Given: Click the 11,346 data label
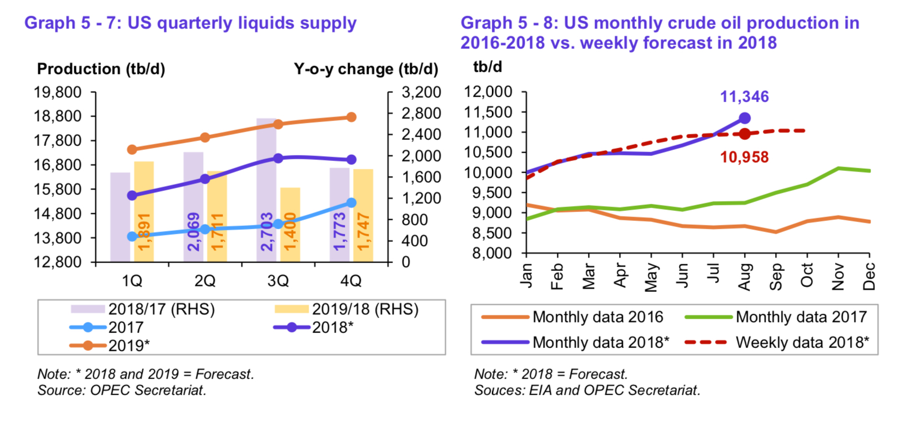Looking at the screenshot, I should pyautogui.click(x=744, y=97).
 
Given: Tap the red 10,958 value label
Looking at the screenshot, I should pyautogui.click(x=744, y=158).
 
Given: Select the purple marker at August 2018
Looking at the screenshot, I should pyautogui.click(x=745, y=118).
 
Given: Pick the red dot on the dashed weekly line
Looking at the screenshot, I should pyautogui.click(x=745, y=133).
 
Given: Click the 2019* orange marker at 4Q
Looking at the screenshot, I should pyautogui.click(x=351, y=117).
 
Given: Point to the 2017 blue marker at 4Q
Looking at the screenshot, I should pyautogui.click(x=351, y=203).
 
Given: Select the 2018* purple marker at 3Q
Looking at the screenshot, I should pyautogui.click(x=278, y=159).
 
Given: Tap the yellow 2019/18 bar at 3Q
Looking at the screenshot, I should pyautogui.click(x=290, y=224).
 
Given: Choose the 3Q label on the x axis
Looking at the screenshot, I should pyautogui.click(x=278, y=281).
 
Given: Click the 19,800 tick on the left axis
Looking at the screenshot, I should pyautogui.click(x=58, y=92).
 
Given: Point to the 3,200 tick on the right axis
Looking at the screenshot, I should pyautogui.click(x=421, y=92).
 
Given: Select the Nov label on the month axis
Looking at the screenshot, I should pyautogui.click(x=838, y=276).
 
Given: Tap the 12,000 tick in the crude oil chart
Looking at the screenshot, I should pyautogui.click(x=488, y=92).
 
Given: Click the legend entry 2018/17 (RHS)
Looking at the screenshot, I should pyautogui.click(x=161, y=309).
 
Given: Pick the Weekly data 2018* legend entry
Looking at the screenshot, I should pyautogui.click(x=802, y=342).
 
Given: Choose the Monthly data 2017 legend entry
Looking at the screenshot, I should pyautogui.click(x=801, y=317).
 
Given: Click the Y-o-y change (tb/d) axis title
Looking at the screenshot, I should pyautogui.click(x=365, y=69).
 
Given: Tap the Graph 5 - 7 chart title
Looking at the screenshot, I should pyautogui.click(x=190, y=23).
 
